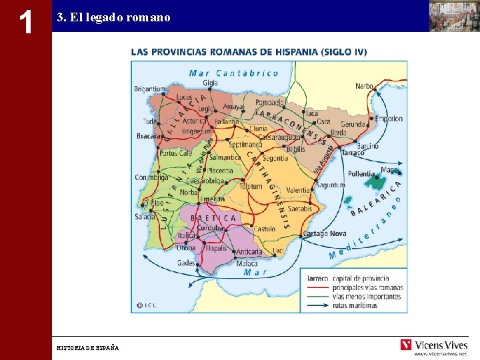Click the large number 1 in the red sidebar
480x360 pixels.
[26, 22]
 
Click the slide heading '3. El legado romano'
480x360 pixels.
[113, 18]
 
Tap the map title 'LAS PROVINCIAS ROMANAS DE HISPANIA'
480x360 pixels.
[248, 51]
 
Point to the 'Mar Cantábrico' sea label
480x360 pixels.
[233, 73]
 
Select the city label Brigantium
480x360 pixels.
[149, 89]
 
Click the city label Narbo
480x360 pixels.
[364, 86]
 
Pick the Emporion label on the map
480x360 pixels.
[389, 119]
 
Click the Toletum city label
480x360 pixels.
[251, 187]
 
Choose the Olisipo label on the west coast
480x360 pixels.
[153, 203]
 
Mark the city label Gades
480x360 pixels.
[186, 263]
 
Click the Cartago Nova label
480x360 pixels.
[325, 233]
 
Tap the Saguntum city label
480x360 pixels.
[330, 185]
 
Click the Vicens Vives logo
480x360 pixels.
[433, 345]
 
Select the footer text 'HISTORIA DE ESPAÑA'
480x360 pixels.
[87, 347]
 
